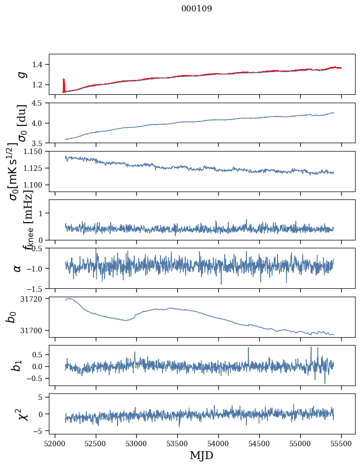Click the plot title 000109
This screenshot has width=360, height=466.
tap(197, 9)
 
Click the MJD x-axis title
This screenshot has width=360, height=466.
tap(201, 455)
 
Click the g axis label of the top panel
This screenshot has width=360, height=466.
tap(21, 74)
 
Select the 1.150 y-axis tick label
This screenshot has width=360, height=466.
tap(36, 152)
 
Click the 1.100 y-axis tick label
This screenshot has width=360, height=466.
tap(36, 185)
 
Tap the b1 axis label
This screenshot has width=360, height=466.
tap(17, 365)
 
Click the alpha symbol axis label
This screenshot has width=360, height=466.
tap(17, 268)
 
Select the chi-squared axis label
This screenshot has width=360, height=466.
tap(22, 414)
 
